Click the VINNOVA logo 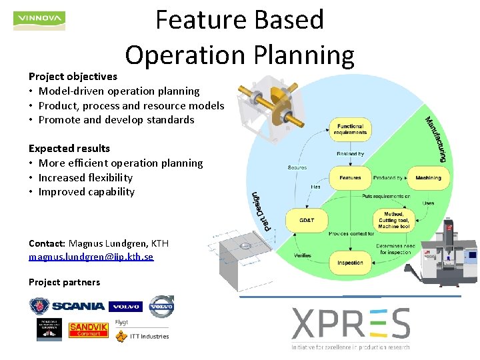coord(39,21)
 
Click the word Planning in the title coord(299,55)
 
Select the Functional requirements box coord(350,129)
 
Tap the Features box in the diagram coord(350,178)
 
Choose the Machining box coord(428,178)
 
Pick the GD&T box coord(306,219)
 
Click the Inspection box coord(350,262)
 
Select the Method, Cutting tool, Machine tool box coord(393,219)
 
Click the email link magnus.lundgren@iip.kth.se coord(91,257)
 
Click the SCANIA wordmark coord(78,306)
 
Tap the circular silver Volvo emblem coord(161,306)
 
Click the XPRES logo coord(351,325)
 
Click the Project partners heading coord(64,282)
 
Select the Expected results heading coord(69,148)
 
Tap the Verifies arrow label coord(302,255)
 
